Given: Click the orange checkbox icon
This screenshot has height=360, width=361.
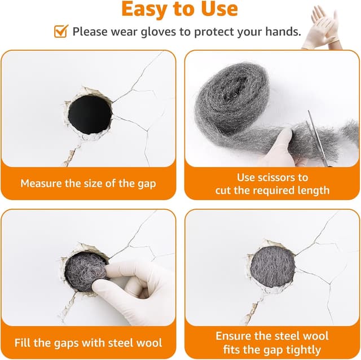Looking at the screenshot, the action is (x=61, y=31).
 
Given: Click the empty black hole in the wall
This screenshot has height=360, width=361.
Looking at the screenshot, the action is (x=90, y=115).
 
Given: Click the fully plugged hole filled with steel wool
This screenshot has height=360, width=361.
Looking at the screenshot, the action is (x=272, y=267).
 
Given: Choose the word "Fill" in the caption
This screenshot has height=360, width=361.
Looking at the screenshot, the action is (x=23, y=343).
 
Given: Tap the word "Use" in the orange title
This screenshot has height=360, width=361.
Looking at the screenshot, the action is (x=219, y=9).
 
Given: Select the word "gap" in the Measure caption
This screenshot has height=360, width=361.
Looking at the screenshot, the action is (x=147, y=185).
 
